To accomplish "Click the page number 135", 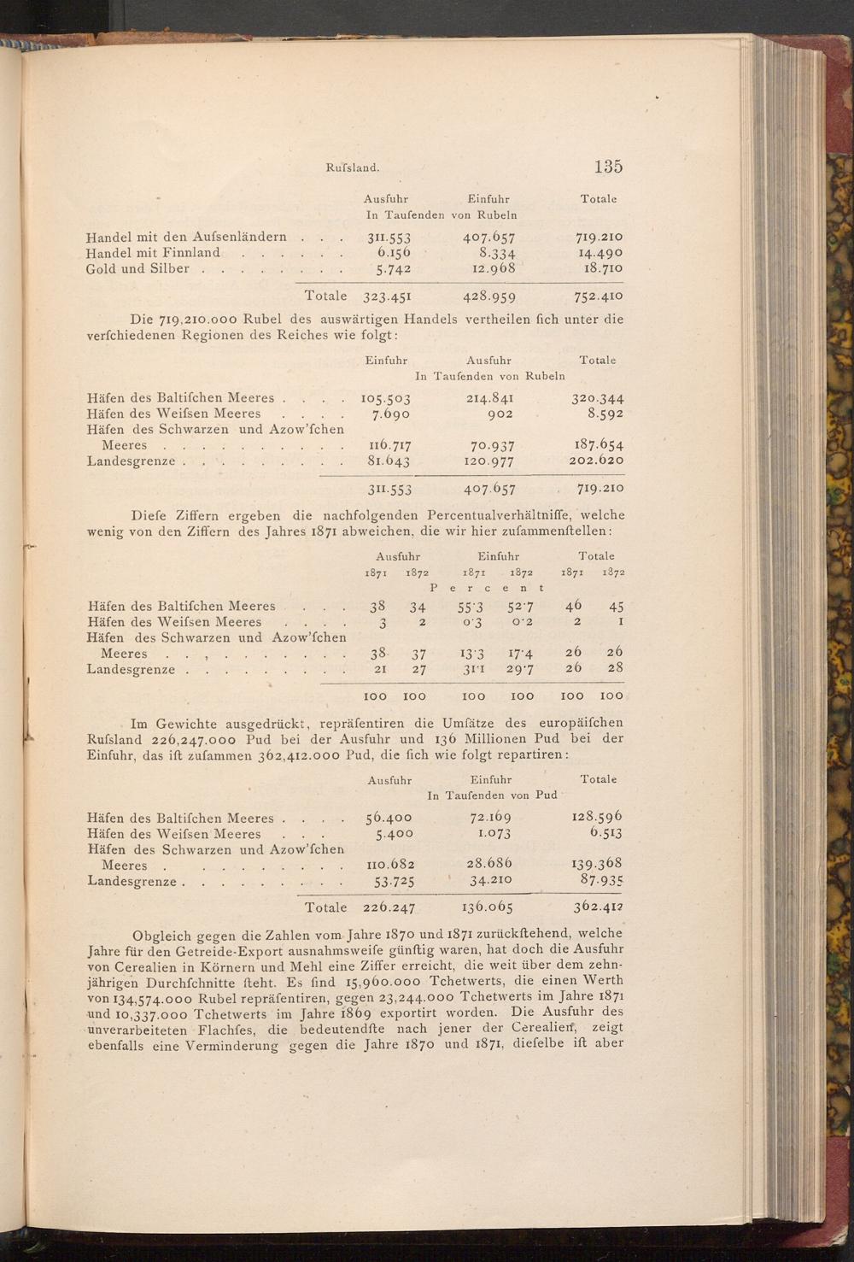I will (604, 167).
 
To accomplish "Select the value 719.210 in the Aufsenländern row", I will (598, 237).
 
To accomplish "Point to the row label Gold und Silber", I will (137, 268).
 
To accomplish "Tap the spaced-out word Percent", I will (487, 588).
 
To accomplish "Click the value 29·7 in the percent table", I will (519, 670).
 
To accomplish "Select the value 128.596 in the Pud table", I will (597, 819).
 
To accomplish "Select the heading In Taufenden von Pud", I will (492, 795).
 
